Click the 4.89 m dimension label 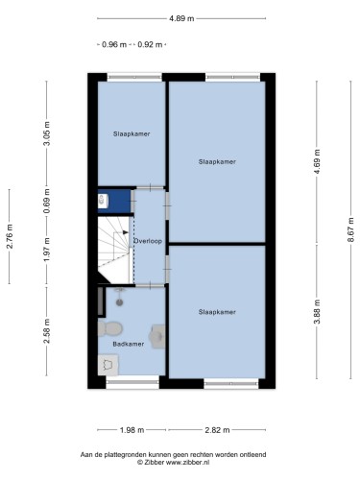coord(181,18)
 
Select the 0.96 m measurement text coord(114,45)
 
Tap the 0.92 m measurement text coord(150,45)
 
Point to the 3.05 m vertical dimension coord(47,133)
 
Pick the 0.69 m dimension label coord(47,201)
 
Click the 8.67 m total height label coord(350,229)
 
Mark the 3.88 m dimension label coord(317,312)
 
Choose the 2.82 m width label coord(217,430)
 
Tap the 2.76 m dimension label coord(10,236)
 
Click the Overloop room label coord(148,241)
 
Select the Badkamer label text coord(129,344)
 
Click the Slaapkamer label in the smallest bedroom coord(132,133)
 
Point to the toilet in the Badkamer coord(109,328)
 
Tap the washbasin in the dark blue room coord(103,201)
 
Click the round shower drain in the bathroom coord(119,302)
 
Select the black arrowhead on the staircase coord(126,232)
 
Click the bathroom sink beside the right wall coord(157,336)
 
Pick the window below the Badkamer coord(132,382)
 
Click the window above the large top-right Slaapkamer coord(232,77)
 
